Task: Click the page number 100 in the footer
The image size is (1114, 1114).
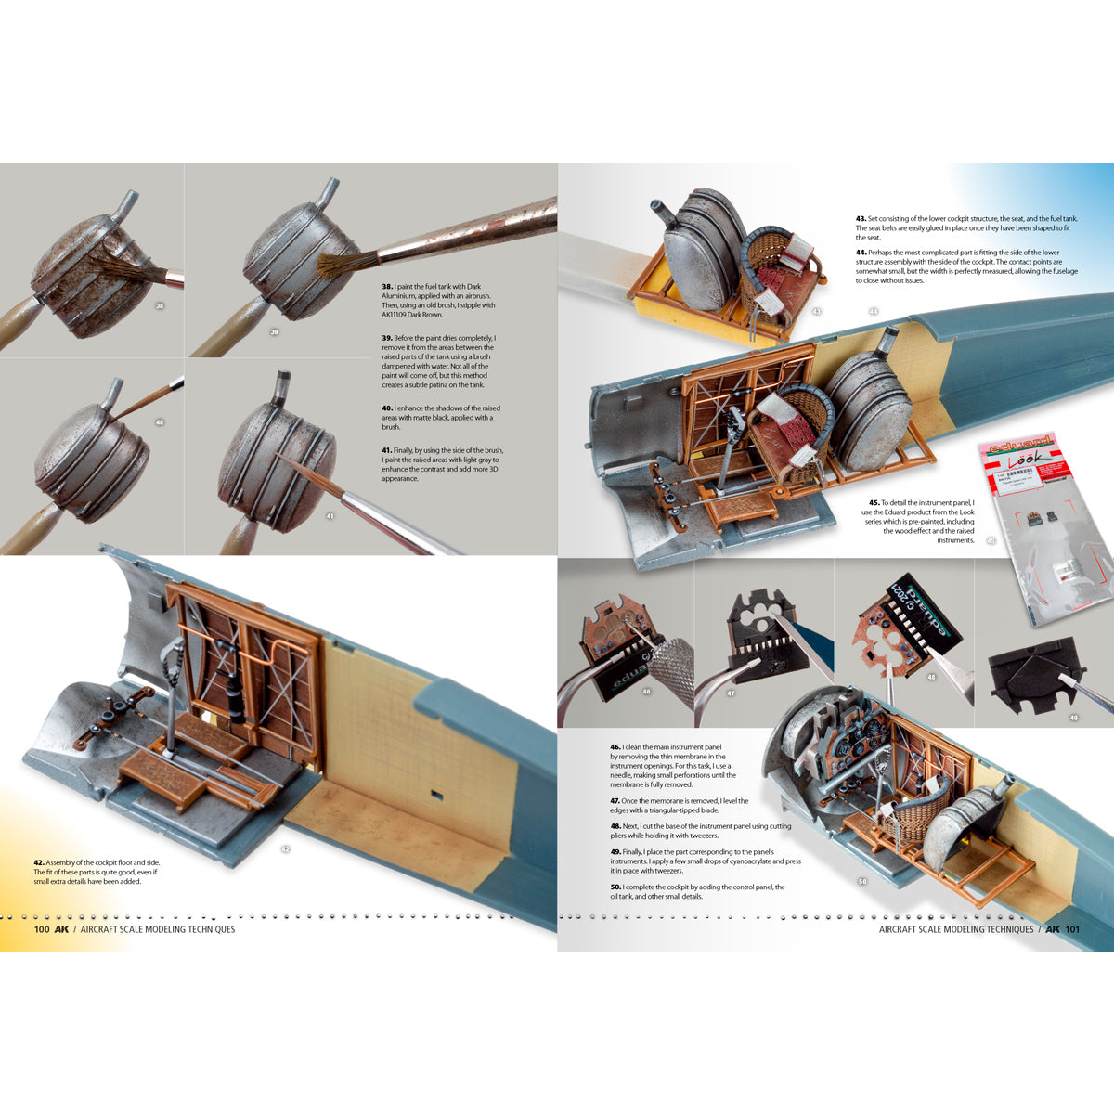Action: point(41,929)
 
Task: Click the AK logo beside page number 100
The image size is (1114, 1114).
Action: point(62,929)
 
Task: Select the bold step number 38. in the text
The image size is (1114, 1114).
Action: point(387,287)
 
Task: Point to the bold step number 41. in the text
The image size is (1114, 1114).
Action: point(387,450)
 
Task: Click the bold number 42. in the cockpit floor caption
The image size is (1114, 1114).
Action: point(39,862)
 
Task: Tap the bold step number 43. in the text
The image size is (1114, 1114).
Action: point(861,219)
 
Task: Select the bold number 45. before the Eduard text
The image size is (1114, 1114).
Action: point(874,503)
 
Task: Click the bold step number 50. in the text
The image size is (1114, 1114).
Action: point(615,887)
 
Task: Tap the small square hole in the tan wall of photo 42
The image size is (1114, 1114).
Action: point(435,795)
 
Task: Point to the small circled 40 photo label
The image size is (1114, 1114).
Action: point(160,422)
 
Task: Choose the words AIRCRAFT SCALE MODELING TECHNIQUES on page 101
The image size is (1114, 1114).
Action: point(956,929)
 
